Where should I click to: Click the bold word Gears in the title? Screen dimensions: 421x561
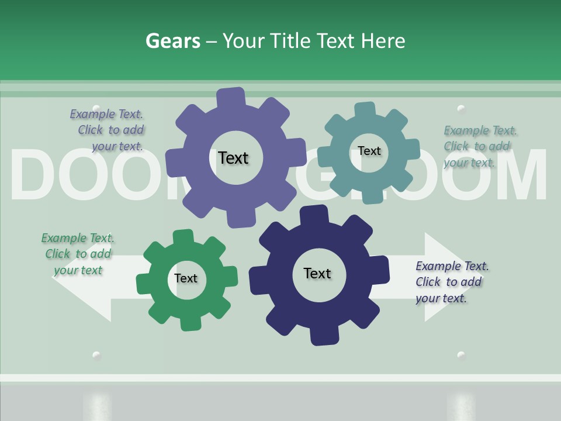tap(172, 41)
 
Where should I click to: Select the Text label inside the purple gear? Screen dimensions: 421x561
tap(233, 158)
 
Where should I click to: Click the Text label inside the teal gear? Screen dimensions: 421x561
tap(369, 151)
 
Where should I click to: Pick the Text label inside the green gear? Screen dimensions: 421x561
tap(186, 278)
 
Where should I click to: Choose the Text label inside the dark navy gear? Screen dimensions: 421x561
tap(317, 273)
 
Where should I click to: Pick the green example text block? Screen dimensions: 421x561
tap(78, 254)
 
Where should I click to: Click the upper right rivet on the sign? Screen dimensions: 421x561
tap(461, 109)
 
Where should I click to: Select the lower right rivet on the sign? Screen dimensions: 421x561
tap(461, 355)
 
